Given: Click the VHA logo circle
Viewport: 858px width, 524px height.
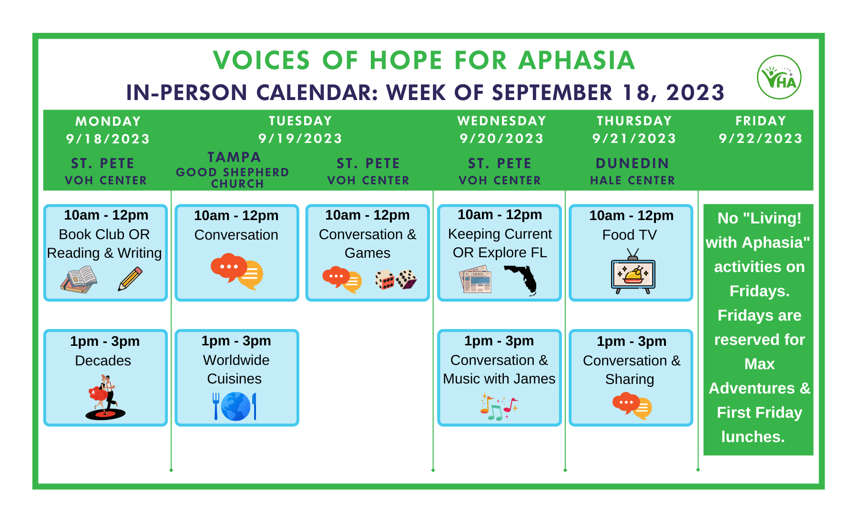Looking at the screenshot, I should coord(779,77).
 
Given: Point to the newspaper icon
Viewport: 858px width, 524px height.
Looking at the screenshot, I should coord(475,279).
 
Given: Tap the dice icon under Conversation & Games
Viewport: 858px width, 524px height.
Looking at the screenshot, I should coord(396,280).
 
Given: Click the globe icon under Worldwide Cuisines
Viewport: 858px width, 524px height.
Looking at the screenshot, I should coord(236,406).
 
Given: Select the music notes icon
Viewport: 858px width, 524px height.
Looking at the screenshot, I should coord(499,406).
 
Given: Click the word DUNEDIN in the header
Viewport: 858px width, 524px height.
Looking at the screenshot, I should coord(632,163).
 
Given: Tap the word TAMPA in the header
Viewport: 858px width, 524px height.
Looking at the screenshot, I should coord(234,157).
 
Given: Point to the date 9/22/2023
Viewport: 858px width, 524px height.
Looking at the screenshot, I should coord(760,139).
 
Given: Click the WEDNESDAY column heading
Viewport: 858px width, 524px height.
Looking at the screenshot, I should coord(501,121).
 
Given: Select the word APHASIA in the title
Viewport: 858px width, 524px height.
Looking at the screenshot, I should coord(577,60).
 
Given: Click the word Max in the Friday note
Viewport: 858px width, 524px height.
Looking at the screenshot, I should coord(759,364).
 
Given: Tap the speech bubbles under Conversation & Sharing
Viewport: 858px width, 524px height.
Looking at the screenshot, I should coord(632,406).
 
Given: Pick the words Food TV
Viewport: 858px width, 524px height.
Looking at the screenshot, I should coord(629,235).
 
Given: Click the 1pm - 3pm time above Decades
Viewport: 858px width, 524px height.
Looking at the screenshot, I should coord(105,341).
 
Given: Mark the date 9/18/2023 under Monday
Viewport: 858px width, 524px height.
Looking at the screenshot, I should coord(108,139).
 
